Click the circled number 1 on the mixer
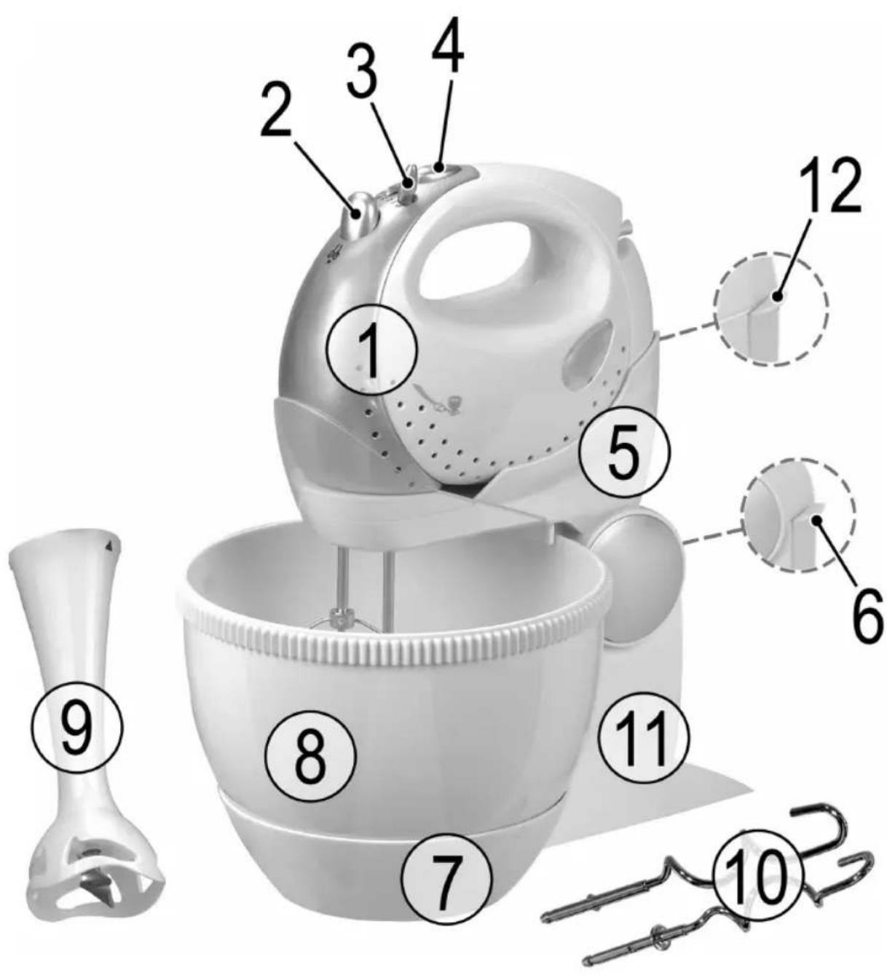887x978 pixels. (x=373, y=350)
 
